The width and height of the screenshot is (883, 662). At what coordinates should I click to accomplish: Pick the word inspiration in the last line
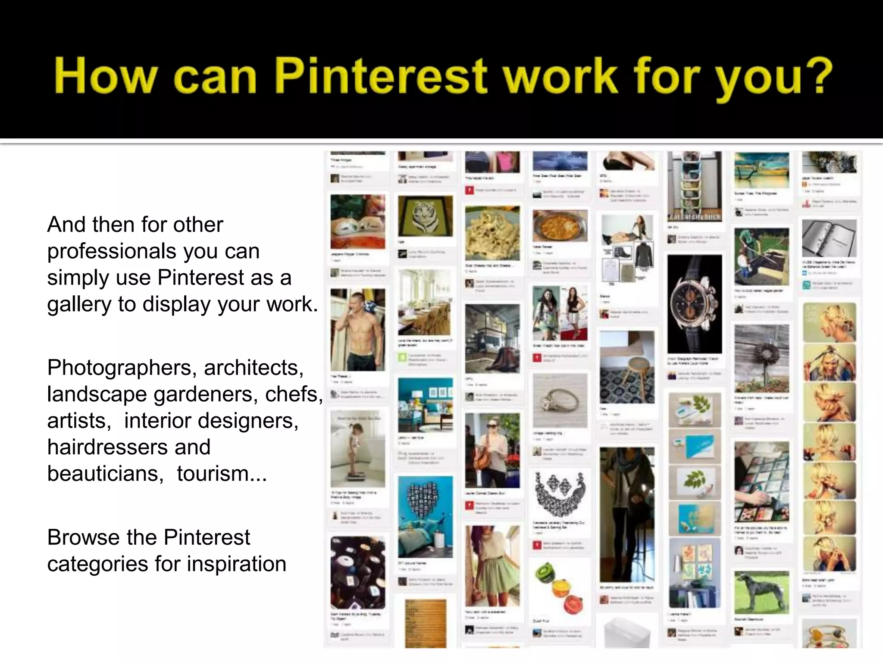[236, 564]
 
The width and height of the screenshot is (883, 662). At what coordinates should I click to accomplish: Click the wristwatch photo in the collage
[694, 304]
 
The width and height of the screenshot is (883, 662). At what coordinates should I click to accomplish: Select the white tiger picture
[425, 216]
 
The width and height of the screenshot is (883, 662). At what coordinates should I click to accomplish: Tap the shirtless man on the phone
[357, 330]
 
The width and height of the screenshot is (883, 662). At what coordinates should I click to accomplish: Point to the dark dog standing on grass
[761, 592]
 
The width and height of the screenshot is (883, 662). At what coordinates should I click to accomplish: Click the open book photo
[829, 238]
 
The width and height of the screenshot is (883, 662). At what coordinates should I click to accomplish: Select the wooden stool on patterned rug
[627, 367]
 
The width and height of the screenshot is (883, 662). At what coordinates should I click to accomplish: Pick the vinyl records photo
[357, 572]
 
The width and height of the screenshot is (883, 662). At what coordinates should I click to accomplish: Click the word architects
[254, 368]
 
